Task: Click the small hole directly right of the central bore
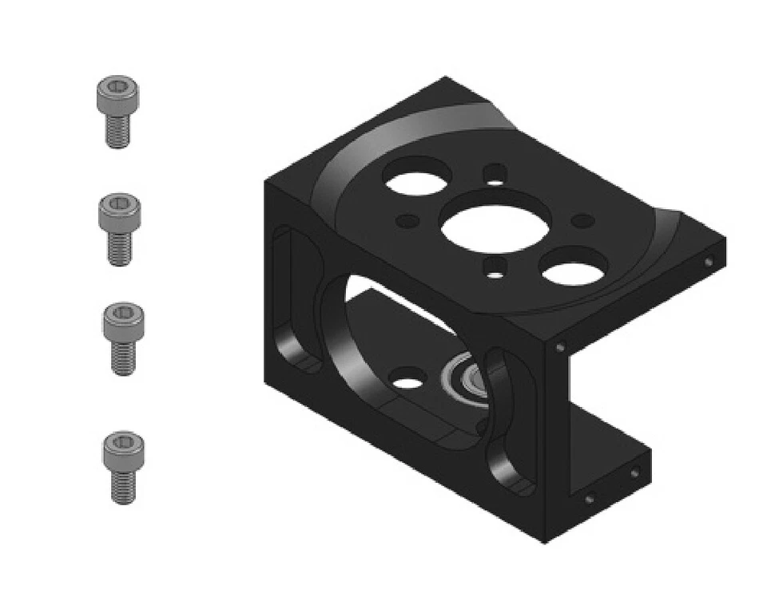[x=584, y=221]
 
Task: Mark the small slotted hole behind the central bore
[x=496, y=173]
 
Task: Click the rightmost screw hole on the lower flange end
[x=634, y=473]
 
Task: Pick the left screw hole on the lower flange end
[x=590, y=499]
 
